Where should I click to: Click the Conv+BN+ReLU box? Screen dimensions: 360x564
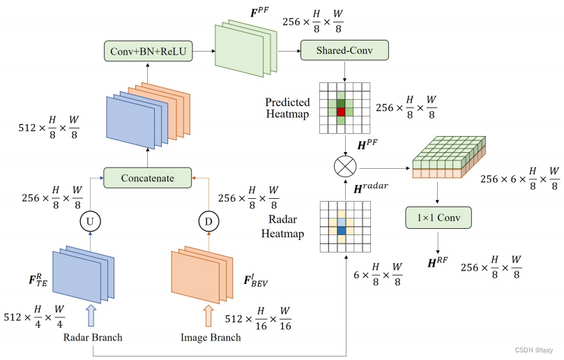coord(147,51)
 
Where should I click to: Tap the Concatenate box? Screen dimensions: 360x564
coord(147,177)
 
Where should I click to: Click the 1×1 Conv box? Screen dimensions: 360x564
coord(438,218)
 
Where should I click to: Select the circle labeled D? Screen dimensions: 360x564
coord(208,222)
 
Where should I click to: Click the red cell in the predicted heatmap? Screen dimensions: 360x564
coord(341,112)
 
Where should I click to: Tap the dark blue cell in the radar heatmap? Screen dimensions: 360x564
coord(341,230)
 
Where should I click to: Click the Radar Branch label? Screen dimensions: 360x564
coord(93,338)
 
